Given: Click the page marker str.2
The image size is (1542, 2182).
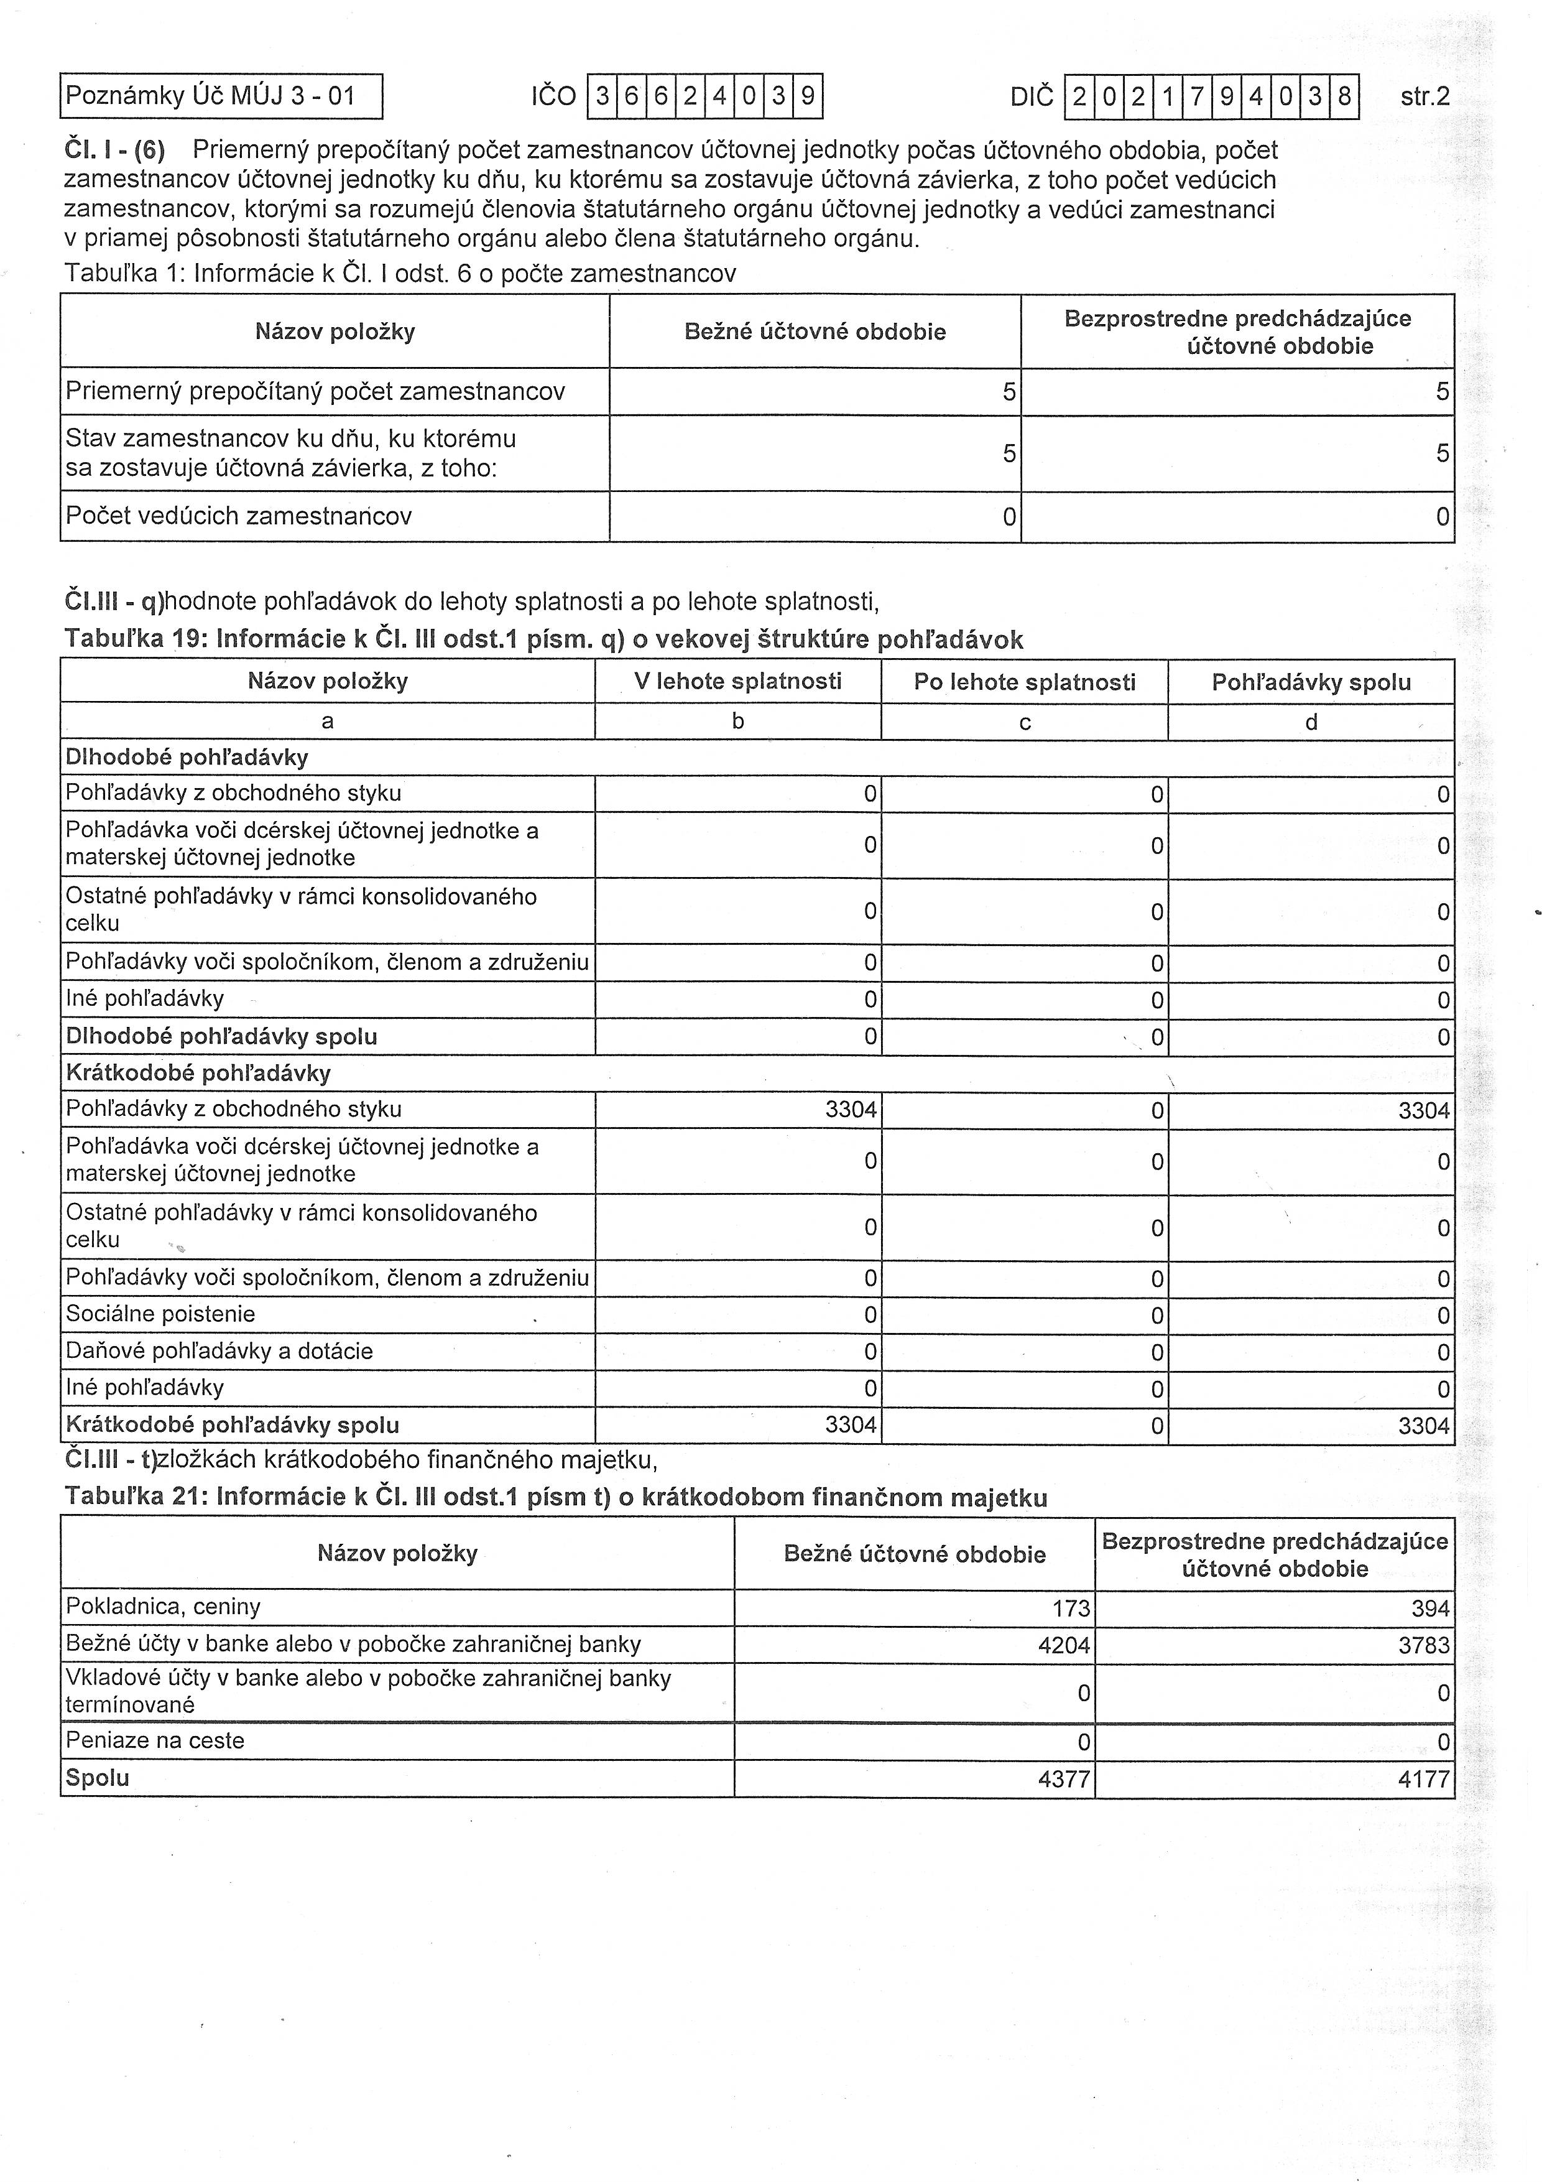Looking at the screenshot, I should (x=1424, y=96).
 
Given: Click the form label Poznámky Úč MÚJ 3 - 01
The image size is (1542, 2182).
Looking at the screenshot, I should (x=210, y=96).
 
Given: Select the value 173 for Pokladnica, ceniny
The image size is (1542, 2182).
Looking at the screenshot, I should (x=1071, y=1608).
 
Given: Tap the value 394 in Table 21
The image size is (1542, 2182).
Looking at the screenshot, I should (x=1430, y=1608).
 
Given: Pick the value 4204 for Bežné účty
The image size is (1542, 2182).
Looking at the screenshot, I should (x=1064, y=1645).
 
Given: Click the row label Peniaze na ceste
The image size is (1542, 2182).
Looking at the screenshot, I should (x=155, y=1740).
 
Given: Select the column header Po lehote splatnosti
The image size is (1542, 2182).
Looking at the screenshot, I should (x=1024, y=681).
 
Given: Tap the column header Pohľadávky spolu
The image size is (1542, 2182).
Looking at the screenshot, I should (x=1311, y=681).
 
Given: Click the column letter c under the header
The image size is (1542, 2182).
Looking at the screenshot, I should (x=1024, y=722).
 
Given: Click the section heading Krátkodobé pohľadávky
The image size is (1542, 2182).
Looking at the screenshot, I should (x=198, y=1073).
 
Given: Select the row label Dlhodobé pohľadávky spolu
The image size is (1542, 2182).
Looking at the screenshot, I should (x=221, y=1036).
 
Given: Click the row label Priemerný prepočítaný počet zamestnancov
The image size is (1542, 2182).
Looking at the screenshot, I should (x=315, y=391).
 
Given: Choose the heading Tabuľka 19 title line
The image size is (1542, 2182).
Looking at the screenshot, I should (x=543, y=639).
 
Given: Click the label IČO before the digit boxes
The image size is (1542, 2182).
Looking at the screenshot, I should (x=554, y=96).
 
